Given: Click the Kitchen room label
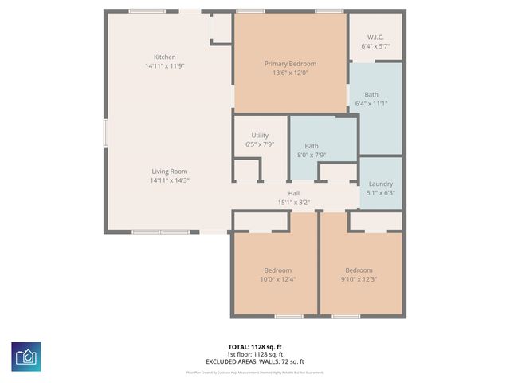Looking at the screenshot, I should point(165,57).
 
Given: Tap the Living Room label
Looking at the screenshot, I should point(169,171).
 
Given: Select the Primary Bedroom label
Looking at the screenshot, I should point(290,64).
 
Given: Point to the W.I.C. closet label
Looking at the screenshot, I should point(375,38).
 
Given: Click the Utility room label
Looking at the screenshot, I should point(260,136).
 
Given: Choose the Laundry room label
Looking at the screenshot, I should point(381,183).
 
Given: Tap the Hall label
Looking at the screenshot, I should point(294,193).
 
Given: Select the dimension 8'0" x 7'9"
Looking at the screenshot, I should point(311,156).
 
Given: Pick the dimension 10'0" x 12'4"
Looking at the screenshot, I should point(278,279).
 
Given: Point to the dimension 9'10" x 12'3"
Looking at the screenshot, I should point(359,279).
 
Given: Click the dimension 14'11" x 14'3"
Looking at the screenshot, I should point(169,180).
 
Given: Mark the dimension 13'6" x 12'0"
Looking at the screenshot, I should point(290,73).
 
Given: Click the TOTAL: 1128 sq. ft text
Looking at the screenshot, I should point(255,347).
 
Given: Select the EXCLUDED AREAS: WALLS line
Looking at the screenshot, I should point(255,361).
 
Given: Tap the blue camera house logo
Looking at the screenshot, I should point(25,355).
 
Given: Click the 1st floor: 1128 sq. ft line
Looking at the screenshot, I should point(255,354).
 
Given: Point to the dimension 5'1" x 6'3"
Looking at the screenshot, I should point(381,192).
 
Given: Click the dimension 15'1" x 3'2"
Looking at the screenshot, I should point(294,203).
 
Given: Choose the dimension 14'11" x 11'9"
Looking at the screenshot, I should point(165,66).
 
